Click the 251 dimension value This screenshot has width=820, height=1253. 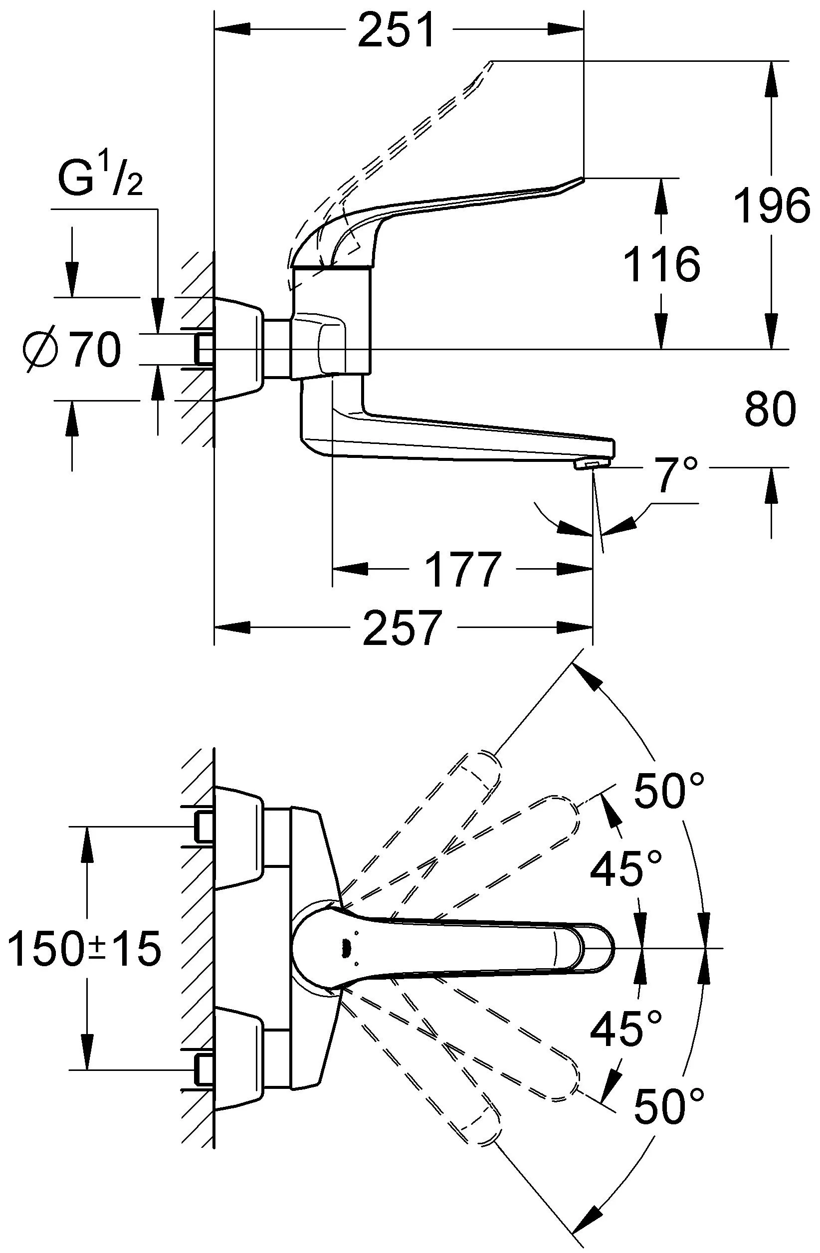[397, 30]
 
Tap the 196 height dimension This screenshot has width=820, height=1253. [771, 205]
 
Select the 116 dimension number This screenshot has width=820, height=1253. [661, 263]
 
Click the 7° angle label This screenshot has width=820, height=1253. [677, 474]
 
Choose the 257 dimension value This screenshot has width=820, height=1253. [401, 627]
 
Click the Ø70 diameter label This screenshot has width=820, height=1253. [73, 350]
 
